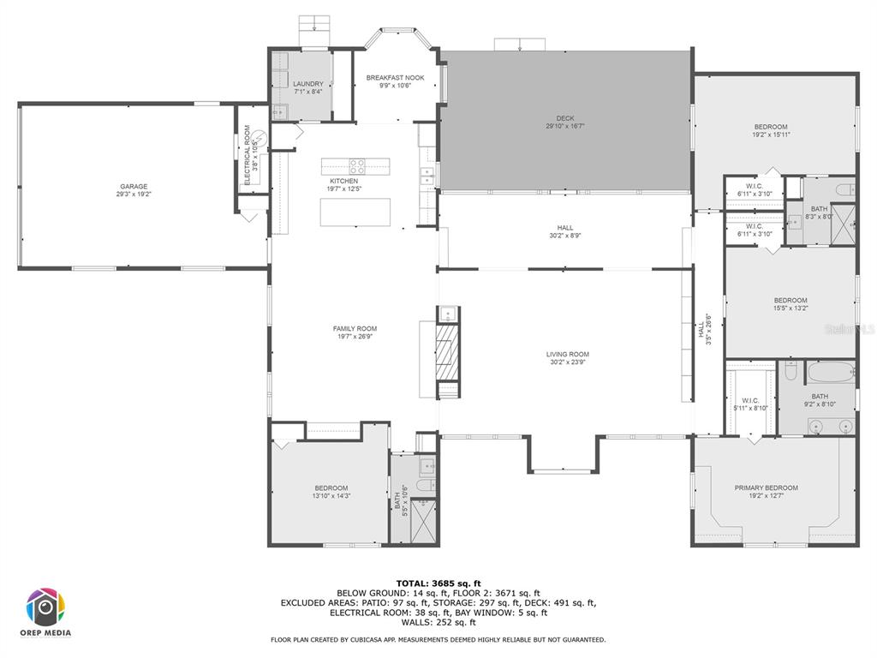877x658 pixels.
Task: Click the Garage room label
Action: (x=134, y=187)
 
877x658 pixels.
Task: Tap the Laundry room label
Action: (x=308, y=84)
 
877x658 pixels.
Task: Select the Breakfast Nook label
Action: (x=395, y=78)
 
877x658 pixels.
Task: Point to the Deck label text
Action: (x=565, y=118)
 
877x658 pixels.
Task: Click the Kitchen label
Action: (x=343, y=182)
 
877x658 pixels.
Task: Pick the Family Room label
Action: (x=355, y=329)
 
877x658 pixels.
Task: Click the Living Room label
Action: (x=568, y=355)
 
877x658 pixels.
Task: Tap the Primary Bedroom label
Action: (x=766, y=488)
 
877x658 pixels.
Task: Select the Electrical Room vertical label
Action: (x=248, y=155)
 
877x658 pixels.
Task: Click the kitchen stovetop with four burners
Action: (x=357, y=165)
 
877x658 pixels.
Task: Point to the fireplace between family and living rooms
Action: (x=446, y=351)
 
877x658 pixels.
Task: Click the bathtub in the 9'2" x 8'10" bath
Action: (x=831, y=372)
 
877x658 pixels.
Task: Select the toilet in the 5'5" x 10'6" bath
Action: (x=423, y=486)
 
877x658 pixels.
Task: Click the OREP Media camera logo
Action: (x=45, y=607)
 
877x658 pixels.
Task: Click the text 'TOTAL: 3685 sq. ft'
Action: (x=438, y=583)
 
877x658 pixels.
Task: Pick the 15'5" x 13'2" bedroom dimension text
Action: (x=790, y=308)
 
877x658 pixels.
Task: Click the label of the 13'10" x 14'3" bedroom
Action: (x=331, y=488)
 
